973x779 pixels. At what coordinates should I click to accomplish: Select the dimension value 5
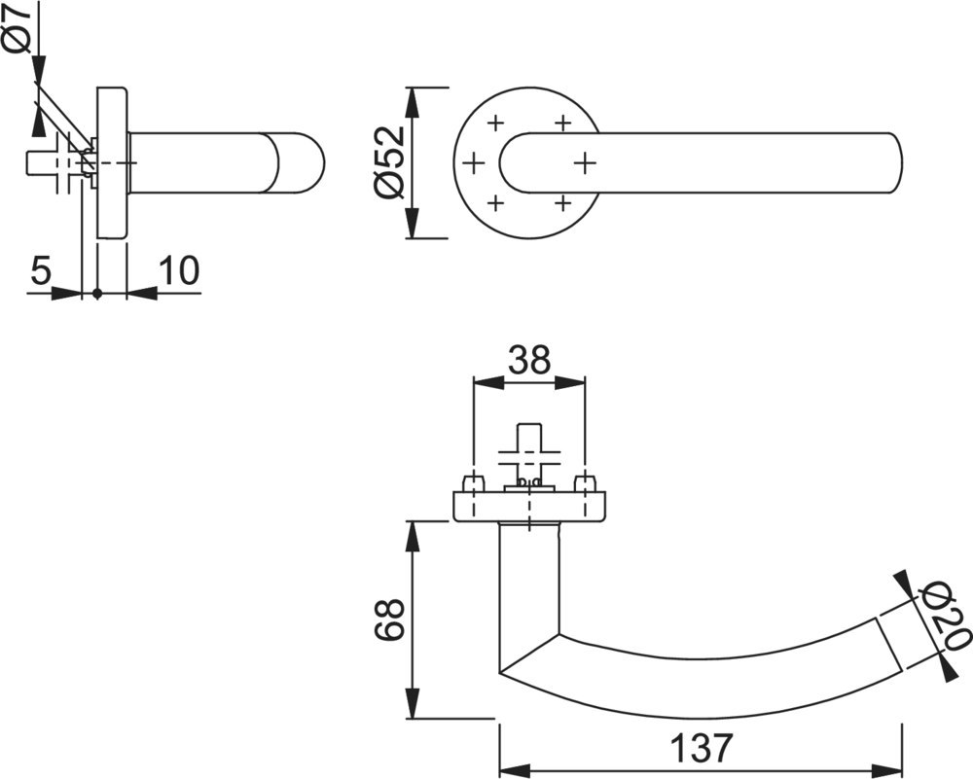[x=40, y=270]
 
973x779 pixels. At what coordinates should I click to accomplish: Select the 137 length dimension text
[x=701, y=748]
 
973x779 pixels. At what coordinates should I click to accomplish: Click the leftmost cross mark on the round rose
[x=474, y=162]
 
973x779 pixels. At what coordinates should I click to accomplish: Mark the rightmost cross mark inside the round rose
[x=584, y=162]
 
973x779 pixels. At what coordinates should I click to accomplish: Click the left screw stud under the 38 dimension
[x=473, y=483]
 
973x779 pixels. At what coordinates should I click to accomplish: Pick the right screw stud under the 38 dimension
[x=585, y=483]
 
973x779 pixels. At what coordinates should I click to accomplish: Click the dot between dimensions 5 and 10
[x=96, y=293]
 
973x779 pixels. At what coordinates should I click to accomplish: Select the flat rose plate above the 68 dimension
[x=529, y=508]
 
